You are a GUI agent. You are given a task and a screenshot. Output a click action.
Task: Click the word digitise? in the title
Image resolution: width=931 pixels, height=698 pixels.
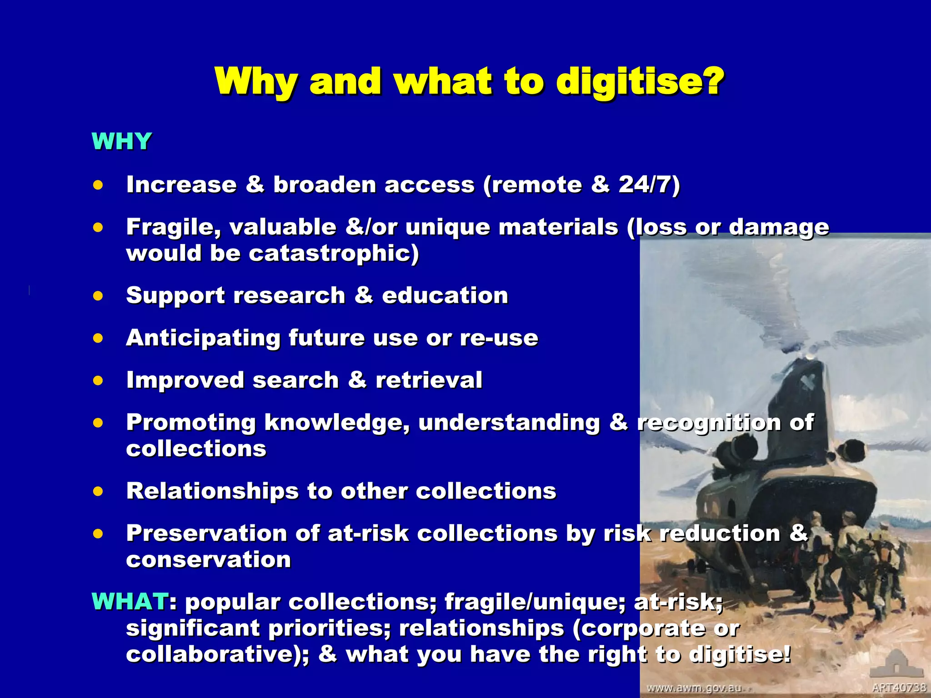pyautogui.click(x=640, y=82)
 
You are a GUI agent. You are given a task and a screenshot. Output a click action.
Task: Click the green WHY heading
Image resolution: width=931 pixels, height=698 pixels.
pyautogui.click(x=121, y=141)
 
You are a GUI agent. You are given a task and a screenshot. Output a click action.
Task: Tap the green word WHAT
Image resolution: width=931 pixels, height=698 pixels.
pyautogui.click(x=130, y=602)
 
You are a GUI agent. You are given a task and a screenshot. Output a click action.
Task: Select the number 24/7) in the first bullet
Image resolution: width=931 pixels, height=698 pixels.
pyautogui.click(x=649, y=184)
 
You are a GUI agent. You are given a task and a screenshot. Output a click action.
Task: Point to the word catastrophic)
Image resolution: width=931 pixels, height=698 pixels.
pyautogui.click(x=334, y=253)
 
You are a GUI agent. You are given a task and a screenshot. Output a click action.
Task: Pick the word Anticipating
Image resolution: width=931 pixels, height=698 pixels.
pyautogui.click(x=203, y=338)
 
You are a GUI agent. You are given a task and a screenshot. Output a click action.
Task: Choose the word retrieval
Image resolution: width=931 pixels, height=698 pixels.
pyautogui.click(x=429, y=380)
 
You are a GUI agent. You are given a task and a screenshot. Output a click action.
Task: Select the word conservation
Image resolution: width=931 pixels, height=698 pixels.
pyautogui.click(x=208, y=559)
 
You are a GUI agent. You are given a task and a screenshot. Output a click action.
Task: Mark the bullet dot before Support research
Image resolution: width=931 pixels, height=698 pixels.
pyautogui.click(x=98, y=296)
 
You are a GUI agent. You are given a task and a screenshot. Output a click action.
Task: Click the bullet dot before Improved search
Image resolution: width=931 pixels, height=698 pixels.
pyautogui.click(x=98, y=380)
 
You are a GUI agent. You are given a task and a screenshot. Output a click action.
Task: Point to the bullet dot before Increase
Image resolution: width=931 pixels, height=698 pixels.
pyautogui.click(x=98, y=185)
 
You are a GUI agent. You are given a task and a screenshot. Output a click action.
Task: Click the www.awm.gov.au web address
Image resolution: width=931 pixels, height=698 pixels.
pyautogui.click(x=694, y=688)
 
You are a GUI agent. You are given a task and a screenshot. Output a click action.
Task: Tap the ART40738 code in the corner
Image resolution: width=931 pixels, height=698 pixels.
pyautogui.click(x=899, y=688)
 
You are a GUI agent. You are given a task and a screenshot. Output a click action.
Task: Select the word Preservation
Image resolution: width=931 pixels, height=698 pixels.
pyautogui.click(x=206, y=533)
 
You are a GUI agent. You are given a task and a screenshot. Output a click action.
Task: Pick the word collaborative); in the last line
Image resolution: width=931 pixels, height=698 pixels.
pyautogui.click(x=217, y=654)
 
